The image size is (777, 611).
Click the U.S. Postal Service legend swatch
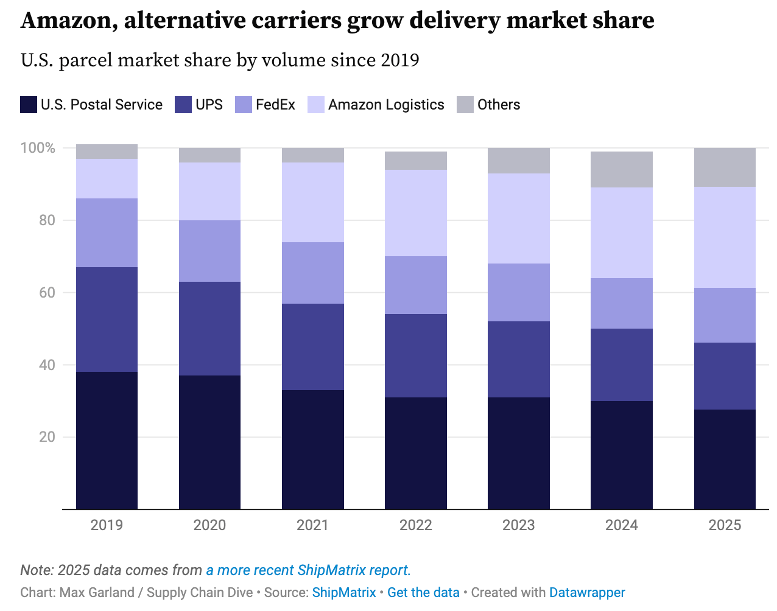coord(29,105)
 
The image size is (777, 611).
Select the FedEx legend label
coord(275,105)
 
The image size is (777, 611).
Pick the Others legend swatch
coord(465,105)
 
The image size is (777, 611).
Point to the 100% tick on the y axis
coord(38,148)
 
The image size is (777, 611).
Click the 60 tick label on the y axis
coord(47,293)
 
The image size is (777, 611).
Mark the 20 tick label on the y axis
coord(47,437)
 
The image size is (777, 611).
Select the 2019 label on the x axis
coord(107,525)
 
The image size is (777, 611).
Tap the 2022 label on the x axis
coord(416,525)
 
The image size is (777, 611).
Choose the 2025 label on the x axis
coord(725,525)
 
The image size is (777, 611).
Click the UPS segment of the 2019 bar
coord(107,319)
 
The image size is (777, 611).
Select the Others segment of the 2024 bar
coord(622,169)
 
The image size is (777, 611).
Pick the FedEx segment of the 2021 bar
coord(312,273)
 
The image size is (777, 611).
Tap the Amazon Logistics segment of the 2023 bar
coord(519,218)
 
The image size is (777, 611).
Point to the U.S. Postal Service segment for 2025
coord(725,459)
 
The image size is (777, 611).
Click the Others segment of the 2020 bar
coord(209,155)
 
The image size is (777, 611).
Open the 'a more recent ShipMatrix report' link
coord(308,570)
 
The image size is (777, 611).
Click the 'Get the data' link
coord(423,593)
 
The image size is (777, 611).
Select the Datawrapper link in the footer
coord(587,593)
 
